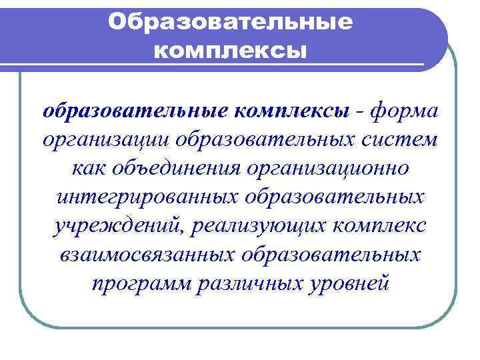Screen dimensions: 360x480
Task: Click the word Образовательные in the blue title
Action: pos(230,22)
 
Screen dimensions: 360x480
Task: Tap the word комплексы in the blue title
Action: pos(230,50)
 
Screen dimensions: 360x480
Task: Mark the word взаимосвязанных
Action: pos(143,254)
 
